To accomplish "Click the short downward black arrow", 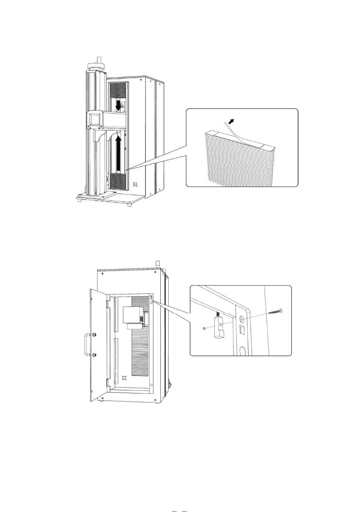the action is tap(119, 105).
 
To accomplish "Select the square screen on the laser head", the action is tap(94, 119).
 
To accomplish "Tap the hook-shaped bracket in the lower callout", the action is tap(219, 326).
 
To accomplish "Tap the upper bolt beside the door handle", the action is tap(94, 335).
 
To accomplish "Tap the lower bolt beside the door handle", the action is tap(94, 355).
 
